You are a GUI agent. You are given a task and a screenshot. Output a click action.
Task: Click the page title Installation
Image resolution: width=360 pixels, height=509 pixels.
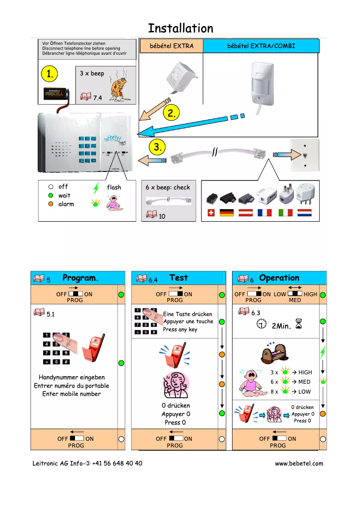coord(180,29)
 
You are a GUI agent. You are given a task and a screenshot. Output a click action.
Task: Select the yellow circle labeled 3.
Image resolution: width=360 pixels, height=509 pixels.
coord(157,147)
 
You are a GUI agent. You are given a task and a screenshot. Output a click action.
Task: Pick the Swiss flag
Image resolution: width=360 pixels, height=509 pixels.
coord(212,213)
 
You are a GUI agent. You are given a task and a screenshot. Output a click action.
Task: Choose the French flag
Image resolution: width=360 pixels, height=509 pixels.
coord(264,213)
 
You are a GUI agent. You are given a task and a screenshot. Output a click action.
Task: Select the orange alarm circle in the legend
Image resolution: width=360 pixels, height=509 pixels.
coord(51,204)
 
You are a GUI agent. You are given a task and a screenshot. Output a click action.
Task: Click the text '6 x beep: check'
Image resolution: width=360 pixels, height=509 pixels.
coord(168,188)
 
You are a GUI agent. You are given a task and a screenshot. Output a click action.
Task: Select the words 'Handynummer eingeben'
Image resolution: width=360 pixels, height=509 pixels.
coord(72,377)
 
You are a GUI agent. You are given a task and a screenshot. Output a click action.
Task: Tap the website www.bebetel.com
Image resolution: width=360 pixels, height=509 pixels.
coord(299,464)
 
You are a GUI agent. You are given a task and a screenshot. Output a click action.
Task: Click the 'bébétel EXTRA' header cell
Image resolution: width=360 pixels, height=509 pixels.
coord(171,46)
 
